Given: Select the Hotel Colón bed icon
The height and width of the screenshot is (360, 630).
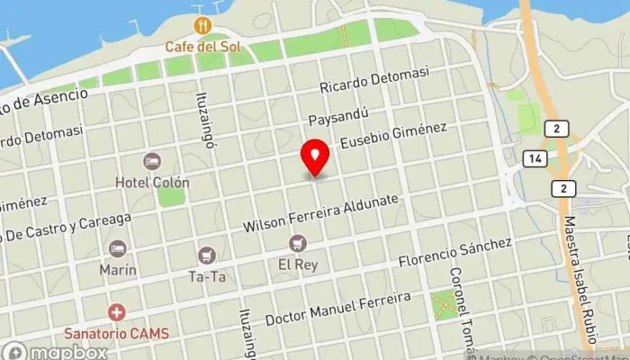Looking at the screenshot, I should point(152,161).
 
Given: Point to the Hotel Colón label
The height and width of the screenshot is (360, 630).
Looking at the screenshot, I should point(151,182).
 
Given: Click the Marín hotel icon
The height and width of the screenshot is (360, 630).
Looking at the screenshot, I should point(117,248).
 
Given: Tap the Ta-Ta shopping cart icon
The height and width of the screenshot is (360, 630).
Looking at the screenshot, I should point(208,256).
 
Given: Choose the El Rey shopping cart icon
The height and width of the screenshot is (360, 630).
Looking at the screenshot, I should point(297,244).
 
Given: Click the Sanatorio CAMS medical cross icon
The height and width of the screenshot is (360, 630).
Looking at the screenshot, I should point(116,312).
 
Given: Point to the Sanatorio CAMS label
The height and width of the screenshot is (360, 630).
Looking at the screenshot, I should point(116,332).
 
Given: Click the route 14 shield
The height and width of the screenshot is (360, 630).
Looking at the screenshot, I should point(535,159).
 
